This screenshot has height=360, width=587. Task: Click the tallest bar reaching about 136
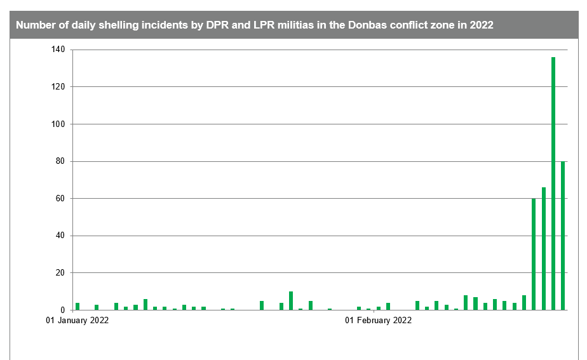pyautogui.click(x=553, y=183)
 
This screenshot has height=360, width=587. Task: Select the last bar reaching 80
pyautogui.click(x=563, y=236)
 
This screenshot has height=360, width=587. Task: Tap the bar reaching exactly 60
pyautogui.click(x=534, y=254)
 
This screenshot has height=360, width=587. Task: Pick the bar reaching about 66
pyautogui.click(x=544, y=248)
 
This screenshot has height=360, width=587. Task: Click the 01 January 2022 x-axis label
pyautogui.click(x=78, y=321)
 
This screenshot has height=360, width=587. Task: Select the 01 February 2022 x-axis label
pyautogui.click(x=378, y=321)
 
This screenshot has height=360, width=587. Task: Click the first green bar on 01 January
pyautogui.click(x=78, y=307)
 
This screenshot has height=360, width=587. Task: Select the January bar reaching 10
pyautogui.click(x=291, y=301)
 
